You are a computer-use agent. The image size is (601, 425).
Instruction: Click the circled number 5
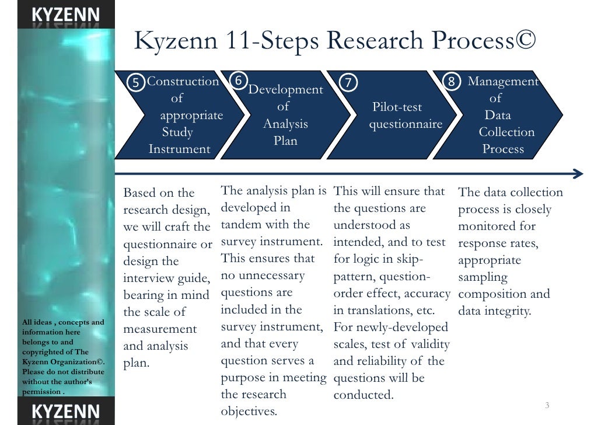coord(136,82)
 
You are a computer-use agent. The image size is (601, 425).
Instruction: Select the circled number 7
coord(348,82)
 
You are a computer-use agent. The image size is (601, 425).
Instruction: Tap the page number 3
coord(547,406)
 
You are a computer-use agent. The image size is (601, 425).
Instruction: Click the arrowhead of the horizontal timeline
coord(578,174)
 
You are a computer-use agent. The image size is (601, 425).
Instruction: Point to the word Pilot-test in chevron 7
coord(397,107)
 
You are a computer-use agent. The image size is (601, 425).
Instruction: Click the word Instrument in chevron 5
coord(179,149)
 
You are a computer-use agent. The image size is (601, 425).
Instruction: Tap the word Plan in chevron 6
coord(285,141)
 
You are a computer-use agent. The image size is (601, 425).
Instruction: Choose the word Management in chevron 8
coord(503,81)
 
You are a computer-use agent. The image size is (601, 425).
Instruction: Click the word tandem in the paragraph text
coord(245,225)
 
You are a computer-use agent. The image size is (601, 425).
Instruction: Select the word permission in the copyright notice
coord(41,392)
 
